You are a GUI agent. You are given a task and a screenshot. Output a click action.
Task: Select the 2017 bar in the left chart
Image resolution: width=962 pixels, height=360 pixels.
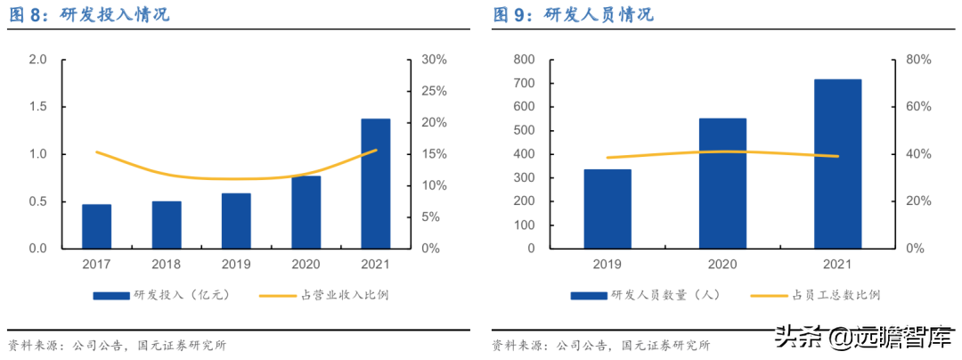tap(97, 226)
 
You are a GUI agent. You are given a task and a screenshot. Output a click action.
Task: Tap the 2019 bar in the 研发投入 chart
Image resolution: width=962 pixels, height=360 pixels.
tap(236, 220)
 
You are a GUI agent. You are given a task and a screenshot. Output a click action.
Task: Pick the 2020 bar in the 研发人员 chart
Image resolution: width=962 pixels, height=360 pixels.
tap(722, 183)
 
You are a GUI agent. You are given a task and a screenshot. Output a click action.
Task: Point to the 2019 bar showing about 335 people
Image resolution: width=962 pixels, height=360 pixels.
tap(607, 209)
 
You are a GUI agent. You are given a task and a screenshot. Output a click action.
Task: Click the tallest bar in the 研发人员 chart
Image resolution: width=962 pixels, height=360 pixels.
tap(837, 164)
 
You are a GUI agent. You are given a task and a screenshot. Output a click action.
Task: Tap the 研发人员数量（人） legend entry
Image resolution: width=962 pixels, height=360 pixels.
tap(645, 294)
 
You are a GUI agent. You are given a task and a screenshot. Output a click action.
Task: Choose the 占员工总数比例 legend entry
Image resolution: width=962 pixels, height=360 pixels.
tap(815, 294)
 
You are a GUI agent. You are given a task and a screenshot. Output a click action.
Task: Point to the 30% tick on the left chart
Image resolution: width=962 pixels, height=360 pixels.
tap(434, 60)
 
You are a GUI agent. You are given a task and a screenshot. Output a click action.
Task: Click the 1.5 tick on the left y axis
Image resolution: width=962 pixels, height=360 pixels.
tap(37, 107)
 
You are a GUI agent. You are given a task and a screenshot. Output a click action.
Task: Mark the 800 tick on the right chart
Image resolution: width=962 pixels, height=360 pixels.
tap(523, 60)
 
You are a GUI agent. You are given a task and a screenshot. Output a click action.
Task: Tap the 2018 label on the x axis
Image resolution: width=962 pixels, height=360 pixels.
tap(167, 265)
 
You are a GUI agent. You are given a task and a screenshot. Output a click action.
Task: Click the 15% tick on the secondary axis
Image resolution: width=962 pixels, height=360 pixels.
tap(434, 154)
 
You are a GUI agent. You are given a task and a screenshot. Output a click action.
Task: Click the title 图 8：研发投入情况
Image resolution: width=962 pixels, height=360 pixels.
tap(89, 15)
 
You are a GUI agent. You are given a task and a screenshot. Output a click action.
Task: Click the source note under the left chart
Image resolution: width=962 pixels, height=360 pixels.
tap(117, 345)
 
